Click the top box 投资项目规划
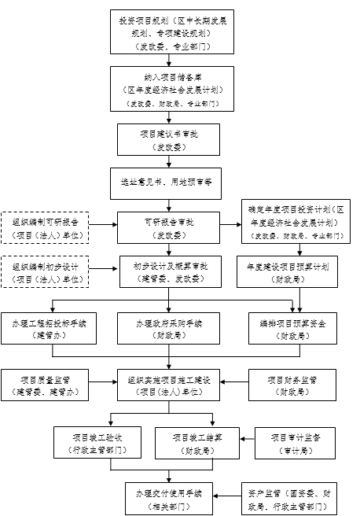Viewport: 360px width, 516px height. click(x=165, y=33)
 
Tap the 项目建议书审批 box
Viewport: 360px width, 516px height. click(x=165, y=140)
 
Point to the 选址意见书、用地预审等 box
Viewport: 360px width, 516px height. click(x=165, y=182)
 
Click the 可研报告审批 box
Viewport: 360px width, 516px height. click(x=165, y=227)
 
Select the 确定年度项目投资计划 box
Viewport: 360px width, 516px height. click(x=296, y=222)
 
